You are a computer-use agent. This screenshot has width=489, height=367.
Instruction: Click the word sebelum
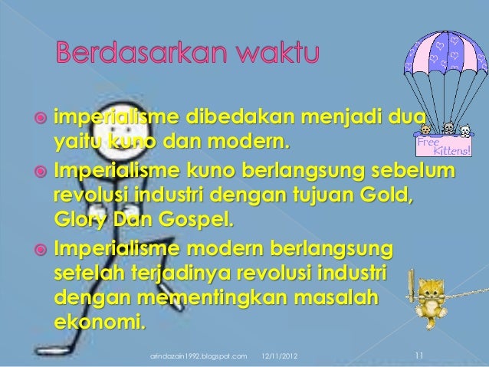pyautogui.click(x=412, y=168)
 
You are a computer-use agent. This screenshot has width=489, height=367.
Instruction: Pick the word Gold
pyautogui.click(x=390, y=191)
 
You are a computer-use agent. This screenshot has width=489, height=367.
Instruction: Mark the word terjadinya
pyautogui.click(x=182, y=274)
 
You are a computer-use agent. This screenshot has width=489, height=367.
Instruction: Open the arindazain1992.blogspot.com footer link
pyautogui.click(x=199, y=356)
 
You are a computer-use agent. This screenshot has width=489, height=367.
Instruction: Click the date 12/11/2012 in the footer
pyautogui.click(x=281, y=356)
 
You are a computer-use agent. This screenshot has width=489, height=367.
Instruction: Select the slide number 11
pyautogui.click(x=418, y=355)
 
